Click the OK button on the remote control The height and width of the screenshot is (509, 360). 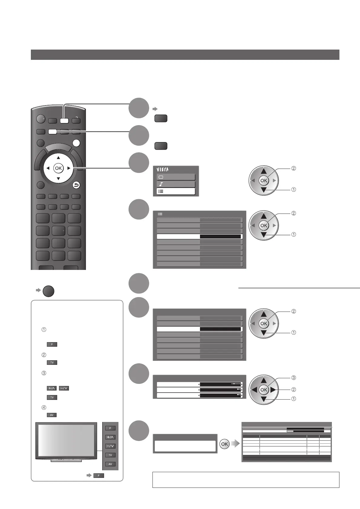pyautogui.click(x=58, y=168)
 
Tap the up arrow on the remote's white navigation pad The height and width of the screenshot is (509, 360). pyautogui.click(x=58, y=158)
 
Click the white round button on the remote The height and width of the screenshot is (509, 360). pyautogui.click(x=77, y=143)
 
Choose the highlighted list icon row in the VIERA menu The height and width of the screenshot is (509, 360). pyautogui.click(x=176, y=191)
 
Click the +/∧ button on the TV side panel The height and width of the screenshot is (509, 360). pyautogui.click(x=110, y=437)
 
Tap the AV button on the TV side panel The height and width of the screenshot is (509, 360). pyautogui.click(x=110, y=464)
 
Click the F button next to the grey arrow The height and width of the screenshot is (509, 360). pyautogui.click(x=99, y=475)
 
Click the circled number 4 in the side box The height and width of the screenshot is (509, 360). pyautogui.click(x=44, y=408)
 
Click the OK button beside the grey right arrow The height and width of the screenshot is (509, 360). pyautogui.click(x=224, y=444)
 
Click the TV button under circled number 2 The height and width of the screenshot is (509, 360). pyautogui.click(x=52, y=362)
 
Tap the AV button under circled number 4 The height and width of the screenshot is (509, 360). pyautogui.click(x=52, y=415)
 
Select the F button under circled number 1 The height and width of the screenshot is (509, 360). pyautogui.click(x=52, y=344)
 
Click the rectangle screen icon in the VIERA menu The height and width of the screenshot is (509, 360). pyautogui.click(x=161, y=177)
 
